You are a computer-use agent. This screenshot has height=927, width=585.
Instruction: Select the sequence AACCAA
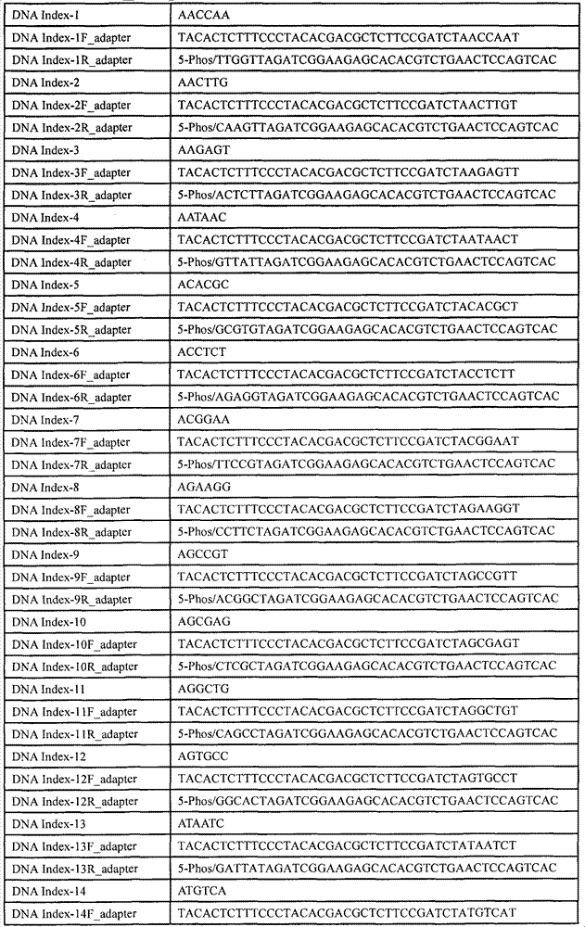pos(204,16)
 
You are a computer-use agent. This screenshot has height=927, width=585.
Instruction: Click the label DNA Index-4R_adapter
pos(71,262)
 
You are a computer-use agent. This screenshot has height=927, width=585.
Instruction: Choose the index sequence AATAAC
pos(203,218)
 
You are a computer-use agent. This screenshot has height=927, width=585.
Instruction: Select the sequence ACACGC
pos(204,285)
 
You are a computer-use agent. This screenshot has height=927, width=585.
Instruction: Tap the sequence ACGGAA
pos(204,420)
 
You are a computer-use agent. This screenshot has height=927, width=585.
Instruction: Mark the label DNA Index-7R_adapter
pos(71,464)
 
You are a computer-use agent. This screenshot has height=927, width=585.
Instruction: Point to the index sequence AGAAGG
pos(204,487)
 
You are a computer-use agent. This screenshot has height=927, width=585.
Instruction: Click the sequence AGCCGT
pos(204,554)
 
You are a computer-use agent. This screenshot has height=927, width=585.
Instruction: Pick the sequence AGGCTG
pos(204,689)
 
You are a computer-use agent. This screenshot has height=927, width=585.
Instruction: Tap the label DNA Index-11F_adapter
pos(74,711)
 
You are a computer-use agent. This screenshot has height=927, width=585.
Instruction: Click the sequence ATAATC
pos(203,823)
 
